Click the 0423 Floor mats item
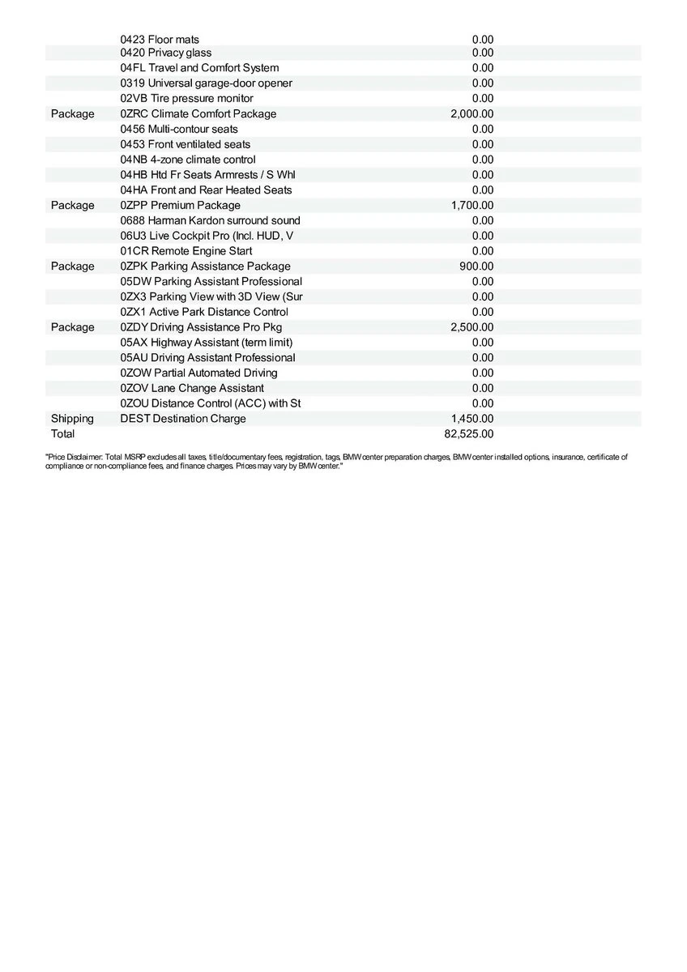point(160,40)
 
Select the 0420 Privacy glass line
point(166,53)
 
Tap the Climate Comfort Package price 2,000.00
point(472,113)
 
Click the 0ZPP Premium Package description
point(180,205)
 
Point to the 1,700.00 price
point(472,205)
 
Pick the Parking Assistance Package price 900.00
point(476,266)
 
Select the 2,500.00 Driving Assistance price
point(472,327)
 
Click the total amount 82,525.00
point(469,433)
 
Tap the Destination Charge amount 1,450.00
point(472,419)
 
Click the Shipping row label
point(72,419)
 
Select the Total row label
point(62,433)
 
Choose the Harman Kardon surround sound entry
point(210,220)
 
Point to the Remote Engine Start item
point(186,251)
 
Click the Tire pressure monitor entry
point(186,98)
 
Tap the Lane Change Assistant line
point(192,388)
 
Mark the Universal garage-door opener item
point(206,83)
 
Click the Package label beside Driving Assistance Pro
point(72,327)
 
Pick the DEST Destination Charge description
point(183,419)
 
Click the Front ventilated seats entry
point(186,144)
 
